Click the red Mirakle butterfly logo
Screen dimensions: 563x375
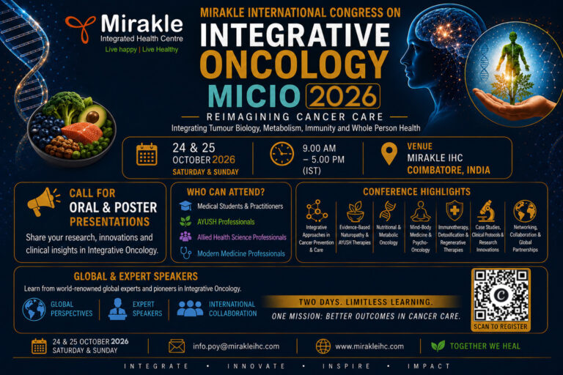81,29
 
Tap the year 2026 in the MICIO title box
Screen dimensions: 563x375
343,96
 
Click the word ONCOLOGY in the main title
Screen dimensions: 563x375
294,64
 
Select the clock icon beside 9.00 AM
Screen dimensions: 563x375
281,154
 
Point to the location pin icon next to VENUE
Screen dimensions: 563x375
389,154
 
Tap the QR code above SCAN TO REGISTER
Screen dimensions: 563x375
501,295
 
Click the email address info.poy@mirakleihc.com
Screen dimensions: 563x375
236,346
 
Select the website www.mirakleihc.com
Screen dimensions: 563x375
369,346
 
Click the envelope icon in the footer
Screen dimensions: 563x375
177,346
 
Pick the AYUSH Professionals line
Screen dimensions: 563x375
226,222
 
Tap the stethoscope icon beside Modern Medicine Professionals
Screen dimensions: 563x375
185,253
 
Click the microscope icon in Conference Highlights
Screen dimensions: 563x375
486,212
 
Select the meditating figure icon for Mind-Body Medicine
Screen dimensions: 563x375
421,212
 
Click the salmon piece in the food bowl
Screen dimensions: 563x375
82,133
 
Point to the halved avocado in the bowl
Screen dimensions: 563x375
92,115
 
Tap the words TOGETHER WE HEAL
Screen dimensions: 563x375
485,346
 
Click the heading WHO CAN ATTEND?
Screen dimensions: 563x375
226,192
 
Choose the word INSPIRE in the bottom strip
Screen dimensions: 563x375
346,366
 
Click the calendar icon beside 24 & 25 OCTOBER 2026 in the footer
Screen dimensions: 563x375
39,346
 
